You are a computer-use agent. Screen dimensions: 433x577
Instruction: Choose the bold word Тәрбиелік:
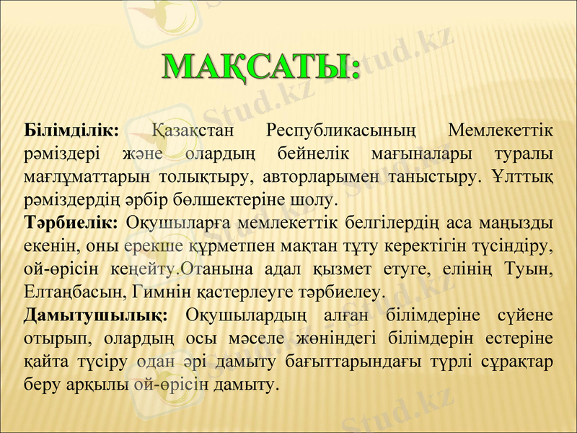tap(71, 220)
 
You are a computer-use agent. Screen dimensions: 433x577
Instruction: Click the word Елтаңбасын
tap(76, 292)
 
